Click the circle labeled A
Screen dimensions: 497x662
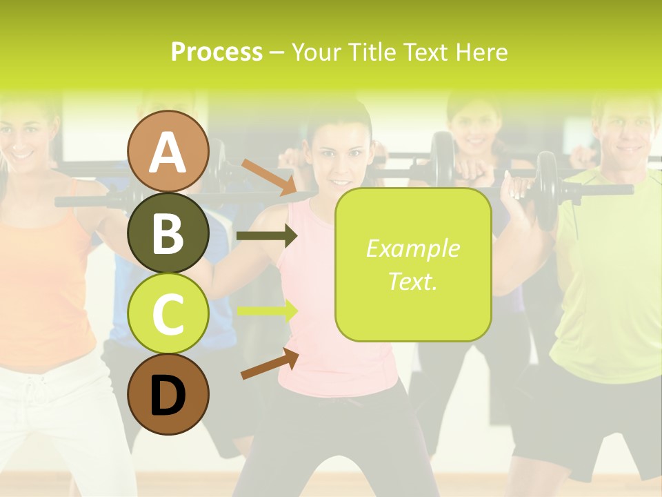pyautogui.click(x=168, y=152)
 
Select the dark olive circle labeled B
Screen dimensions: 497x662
pyautogui.click(x=168, y=233)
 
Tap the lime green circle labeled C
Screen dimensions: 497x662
pyautogui.click(x=168, y=313)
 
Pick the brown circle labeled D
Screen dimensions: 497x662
pyautogui.click(x=168, y=394)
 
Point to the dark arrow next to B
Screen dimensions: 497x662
pyautogui.click(x=266, y=236)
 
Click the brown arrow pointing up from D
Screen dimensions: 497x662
pyautogui.click(x=269, y=364)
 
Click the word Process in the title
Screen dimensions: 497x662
pyautogui.click(x=217, y=52)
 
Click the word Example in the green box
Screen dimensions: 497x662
pyautogui.click(x=412, y=248)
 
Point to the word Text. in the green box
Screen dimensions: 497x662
pyautogui.click(x=412, y=281)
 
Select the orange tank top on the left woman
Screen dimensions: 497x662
pyautogui.click(x=41, y=290)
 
